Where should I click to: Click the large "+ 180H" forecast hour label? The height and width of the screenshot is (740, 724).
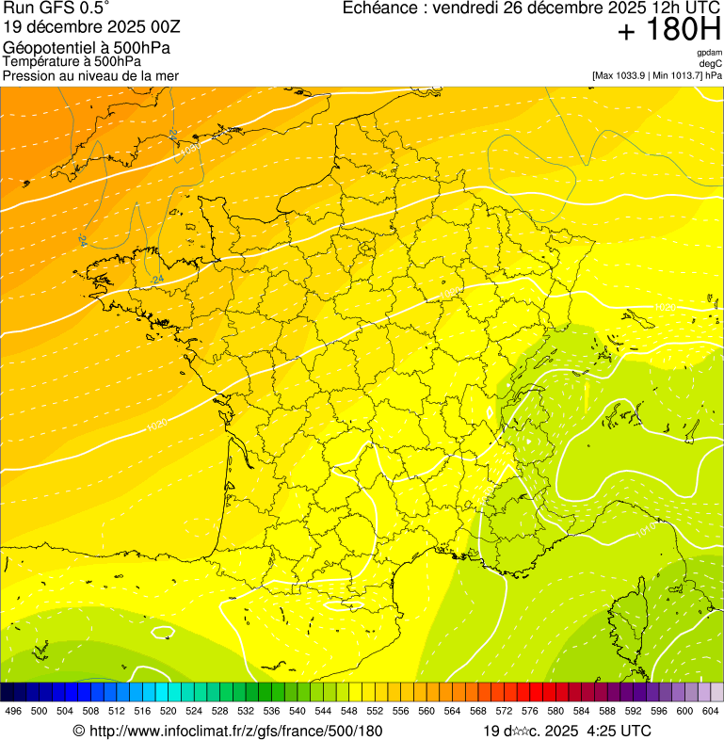click(x=668, y=31)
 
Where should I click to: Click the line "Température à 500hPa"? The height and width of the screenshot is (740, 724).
click(x=72, y=61)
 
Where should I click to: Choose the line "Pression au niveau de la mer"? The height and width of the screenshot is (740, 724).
click(x=90, y=75)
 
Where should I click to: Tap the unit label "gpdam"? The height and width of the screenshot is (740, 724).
click(x=709, y=53)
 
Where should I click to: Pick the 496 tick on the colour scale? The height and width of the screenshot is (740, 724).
click(x=13, y=712)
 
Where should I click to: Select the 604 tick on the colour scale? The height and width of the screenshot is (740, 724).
click(x=711, y=712)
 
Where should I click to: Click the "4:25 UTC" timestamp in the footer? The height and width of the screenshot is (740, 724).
click(x=618, y=731)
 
